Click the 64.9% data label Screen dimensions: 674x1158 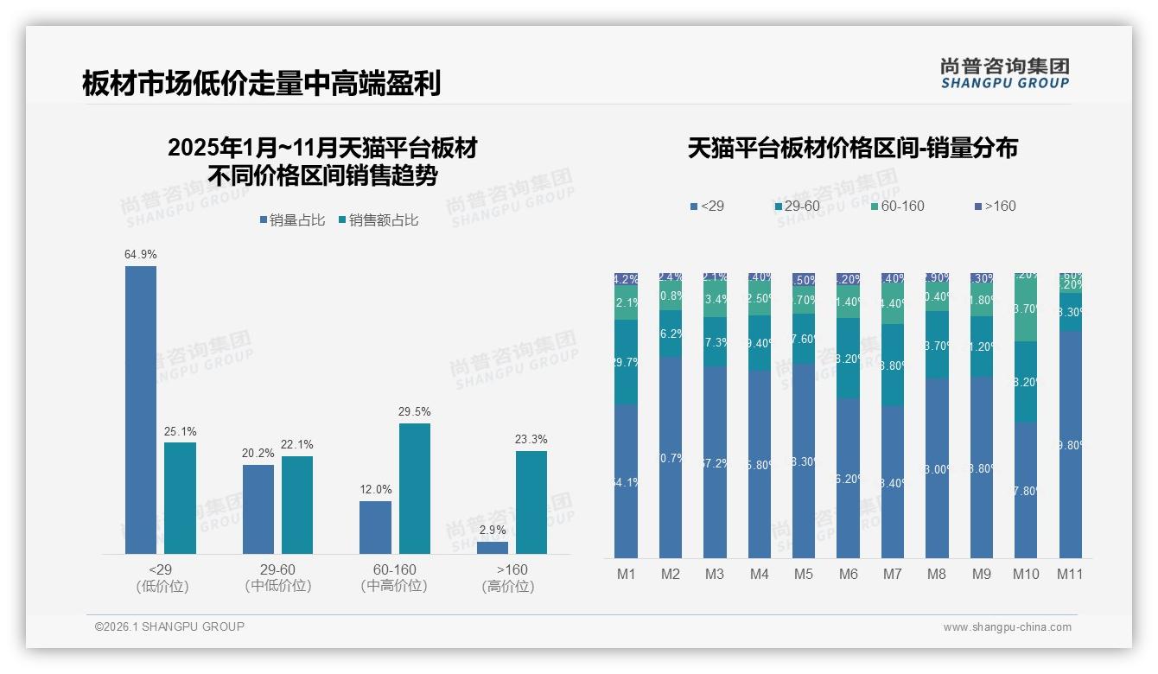click(x=141, y=255)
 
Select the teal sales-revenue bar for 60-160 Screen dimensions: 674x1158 click(x=415, y=488)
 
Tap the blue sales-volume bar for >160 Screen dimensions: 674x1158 click(x=493, y=548)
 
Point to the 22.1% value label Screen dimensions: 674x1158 click(x=297, y=444)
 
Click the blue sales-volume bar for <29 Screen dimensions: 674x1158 click(x=141, y=410)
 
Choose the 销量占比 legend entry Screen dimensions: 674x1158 click(x=291, y=220)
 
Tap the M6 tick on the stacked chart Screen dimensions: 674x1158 click(x=849, y=574)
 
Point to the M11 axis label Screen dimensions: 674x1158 click(x=1070, y=574)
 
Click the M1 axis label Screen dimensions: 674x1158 click(x=627, y=574)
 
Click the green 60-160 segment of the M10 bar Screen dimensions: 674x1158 click(x=1026, y=308)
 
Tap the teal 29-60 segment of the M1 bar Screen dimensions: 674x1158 click(x=627, y=362)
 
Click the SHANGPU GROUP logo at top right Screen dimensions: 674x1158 click(x=1005, y=73)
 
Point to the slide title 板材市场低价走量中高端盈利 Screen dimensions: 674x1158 click(x=262, y=84)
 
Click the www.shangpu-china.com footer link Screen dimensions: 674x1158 click(x=1007, y=627)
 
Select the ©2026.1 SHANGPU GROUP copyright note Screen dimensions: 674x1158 click(x=169, y=626)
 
